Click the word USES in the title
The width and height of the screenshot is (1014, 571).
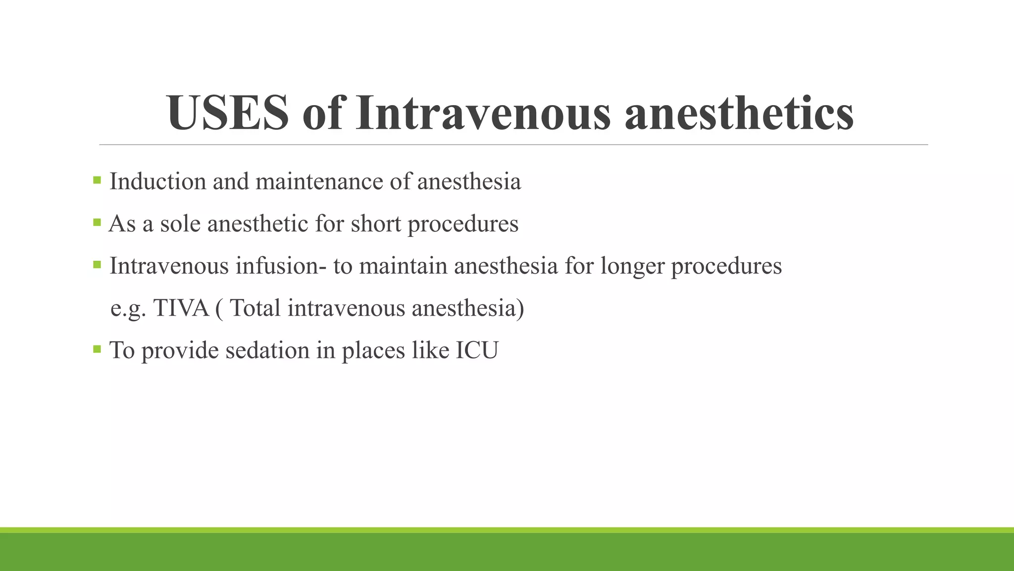[228, 113]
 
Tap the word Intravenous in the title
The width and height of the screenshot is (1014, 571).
[483, 113]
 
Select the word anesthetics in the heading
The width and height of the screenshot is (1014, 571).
[739, 113]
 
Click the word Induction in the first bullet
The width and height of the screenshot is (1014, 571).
[157, 181]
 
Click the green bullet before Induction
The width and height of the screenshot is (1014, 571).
[97, 180]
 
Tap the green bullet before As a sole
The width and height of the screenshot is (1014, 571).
[97, 222]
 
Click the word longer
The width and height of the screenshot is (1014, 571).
[632, 266]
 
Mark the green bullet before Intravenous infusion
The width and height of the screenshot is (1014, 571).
[97, 264]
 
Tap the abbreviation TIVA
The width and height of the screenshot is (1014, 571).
[181, 308]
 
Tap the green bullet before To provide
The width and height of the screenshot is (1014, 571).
[97, 349]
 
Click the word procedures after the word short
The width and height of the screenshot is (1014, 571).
[463, 224]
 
